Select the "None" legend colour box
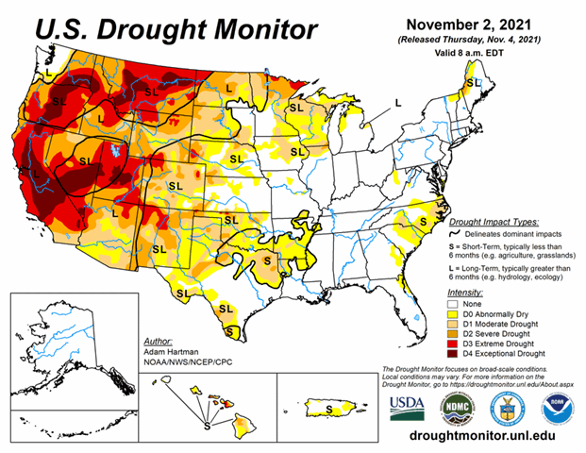pos(454,305)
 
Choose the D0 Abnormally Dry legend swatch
pos(454,316)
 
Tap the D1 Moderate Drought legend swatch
pos(454,327)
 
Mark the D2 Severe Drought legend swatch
pos(454,339)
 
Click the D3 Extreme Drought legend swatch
pos(454,350)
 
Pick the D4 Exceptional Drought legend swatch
pos(454,361)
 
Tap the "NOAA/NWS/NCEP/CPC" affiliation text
pos(186,361)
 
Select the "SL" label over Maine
pos(474,83)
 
